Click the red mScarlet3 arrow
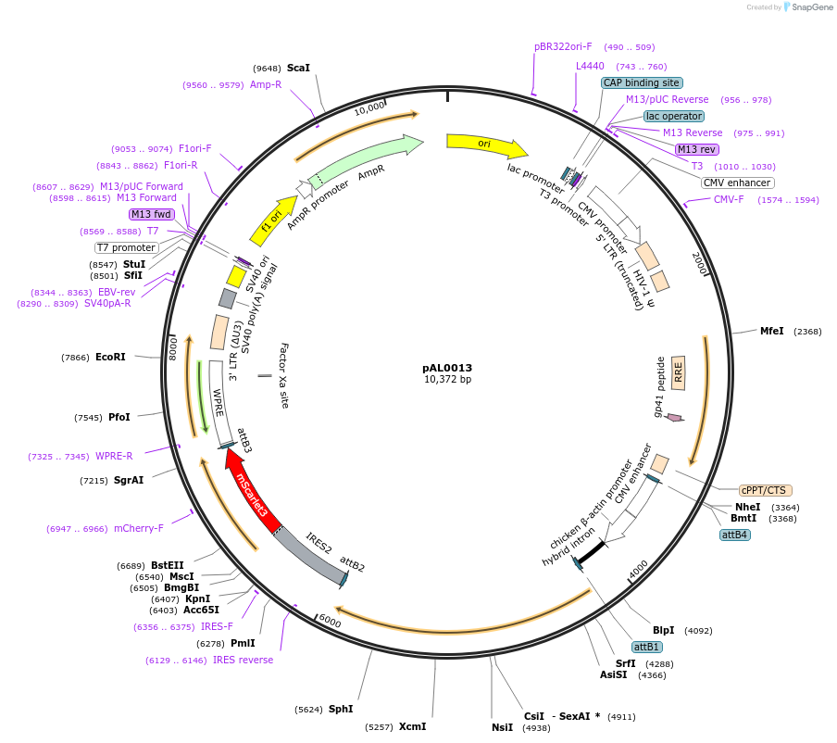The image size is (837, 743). tap(251, 489)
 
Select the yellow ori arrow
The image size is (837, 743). tap(487, 145)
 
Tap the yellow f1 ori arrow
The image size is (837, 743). tap(273, 220)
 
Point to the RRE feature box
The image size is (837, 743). tap(678, 372)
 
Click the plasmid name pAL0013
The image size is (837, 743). tap(447, 368)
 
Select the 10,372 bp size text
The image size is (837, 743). tap(447, 379)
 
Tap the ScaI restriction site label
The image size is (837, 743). tap(298, 68)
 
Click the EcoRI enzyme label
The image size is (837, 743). tap(110, 357)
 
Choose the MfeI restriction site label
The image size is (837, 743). tap(771, 331)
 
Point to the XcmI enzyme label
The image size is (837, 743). tap(413, 726)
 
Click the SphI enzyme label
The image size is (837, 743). tap(341, 709)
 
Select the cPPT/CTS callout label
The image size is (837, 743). tap(765, 490)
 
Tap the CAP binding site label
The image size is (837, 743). tap(642, 82)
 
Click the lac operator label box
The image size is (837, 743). tap(674, 116)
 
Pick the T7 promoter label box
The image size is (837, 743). tap(127, 248)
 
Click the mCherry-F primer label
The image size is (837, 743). tap(139, 528)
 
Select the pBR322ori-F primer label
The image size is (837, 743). tap(563, 46)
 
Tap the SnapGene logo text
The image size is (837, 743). tap(812, 6)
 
